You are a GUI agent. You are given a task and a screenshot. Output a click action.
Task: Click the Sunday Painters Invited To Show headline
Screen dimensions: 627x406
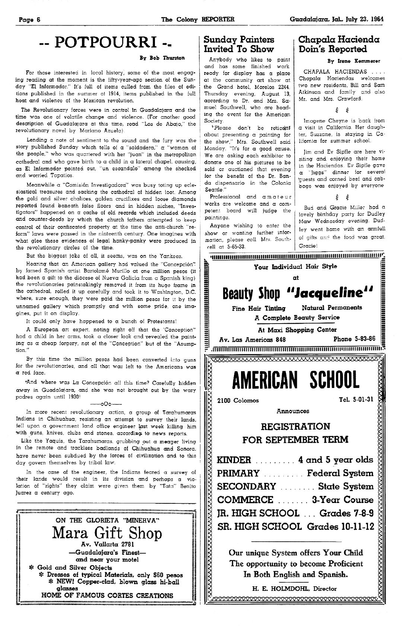coord(239,44)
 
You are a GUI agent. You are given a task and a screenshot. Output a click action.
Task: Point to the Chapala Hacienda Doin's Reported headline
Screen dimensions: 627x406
coord(339,44)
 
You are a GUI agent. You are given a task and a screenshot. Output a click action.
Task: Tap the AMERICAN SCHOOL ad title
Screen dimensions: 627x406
coord(296,380)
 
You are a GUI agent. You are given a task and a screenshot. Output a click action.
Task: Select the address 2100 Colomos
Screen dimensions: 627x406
coord(238,400)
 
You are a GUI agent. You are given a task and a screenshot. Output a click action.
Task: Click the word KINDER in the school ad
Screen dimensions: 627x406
coord(234,460)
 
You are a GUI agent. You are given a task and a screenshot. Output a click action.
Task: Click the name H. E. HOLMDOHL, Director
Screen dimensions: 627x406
coord(294,589)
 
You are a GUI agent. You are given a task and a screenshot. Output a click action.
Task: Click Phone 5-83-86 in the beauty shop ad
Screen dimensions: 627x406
coord(354,339)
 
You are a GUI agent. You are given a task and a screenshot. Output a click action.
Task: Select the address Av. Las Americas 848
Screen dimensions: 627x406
coord(253,339)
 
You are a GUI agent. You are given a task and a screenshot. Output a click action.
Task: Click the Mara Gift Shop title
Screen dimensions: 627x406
coord(107,534)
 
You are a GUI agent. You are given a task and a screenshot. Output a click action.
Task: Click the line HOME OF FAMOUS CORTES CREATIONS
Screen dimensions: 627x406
coord(107,595)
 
